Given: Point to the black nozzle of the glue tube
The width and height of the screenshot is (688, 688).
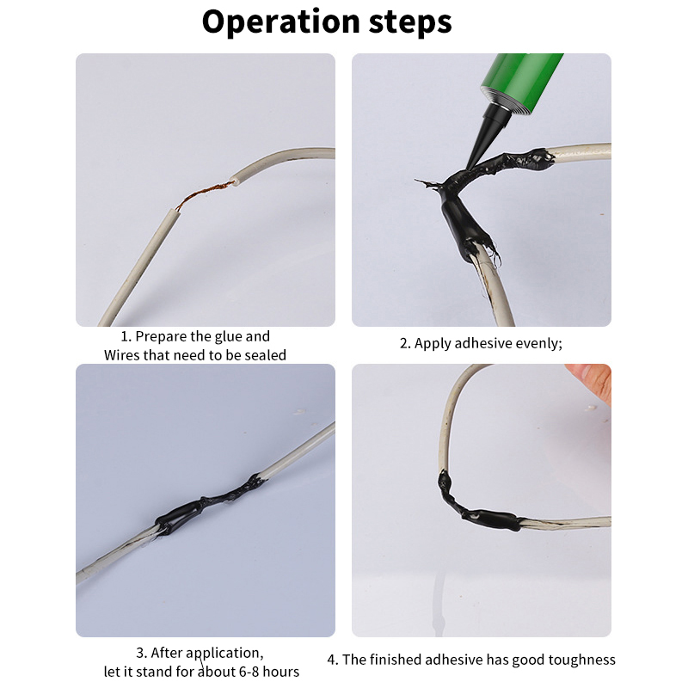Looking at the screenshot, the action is (482, 132).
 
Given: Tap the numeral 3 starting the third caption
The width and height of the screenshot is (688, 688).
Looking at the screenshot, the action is (140, 654).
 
